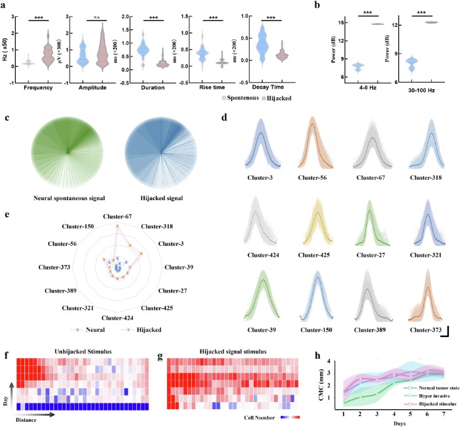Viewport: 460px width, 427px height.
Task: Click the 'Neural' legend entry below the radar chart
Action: click(x=89, y=332)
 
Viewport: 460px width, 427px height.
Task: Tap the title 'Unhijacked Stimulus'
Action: click(x=67, y=352)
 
